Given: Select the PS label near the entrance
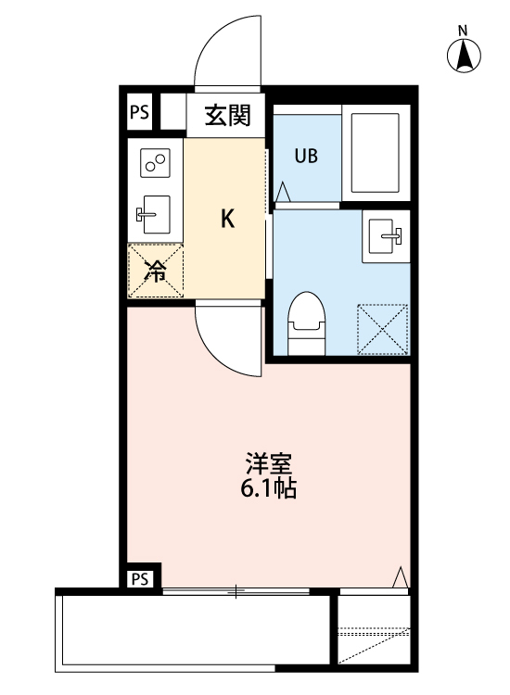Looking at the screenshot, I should [x=139, y=112].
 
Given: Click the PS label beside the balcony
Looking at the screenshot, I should [x=139, y=579].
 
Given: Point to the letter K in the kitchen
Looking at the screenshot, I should [x=226, y=219].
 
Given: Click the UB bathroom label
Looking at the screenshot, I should [x=306, y=155].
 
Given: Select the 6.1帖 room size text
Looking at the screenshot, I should [x=268, y=489].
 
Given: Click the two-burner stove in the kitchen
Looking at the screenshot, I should [x=155, y=164].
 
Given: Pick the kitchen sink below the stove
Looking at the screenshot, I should [x=155, y=215].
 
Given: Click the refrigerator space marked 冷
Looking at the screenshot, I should [x=156, y=270].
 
